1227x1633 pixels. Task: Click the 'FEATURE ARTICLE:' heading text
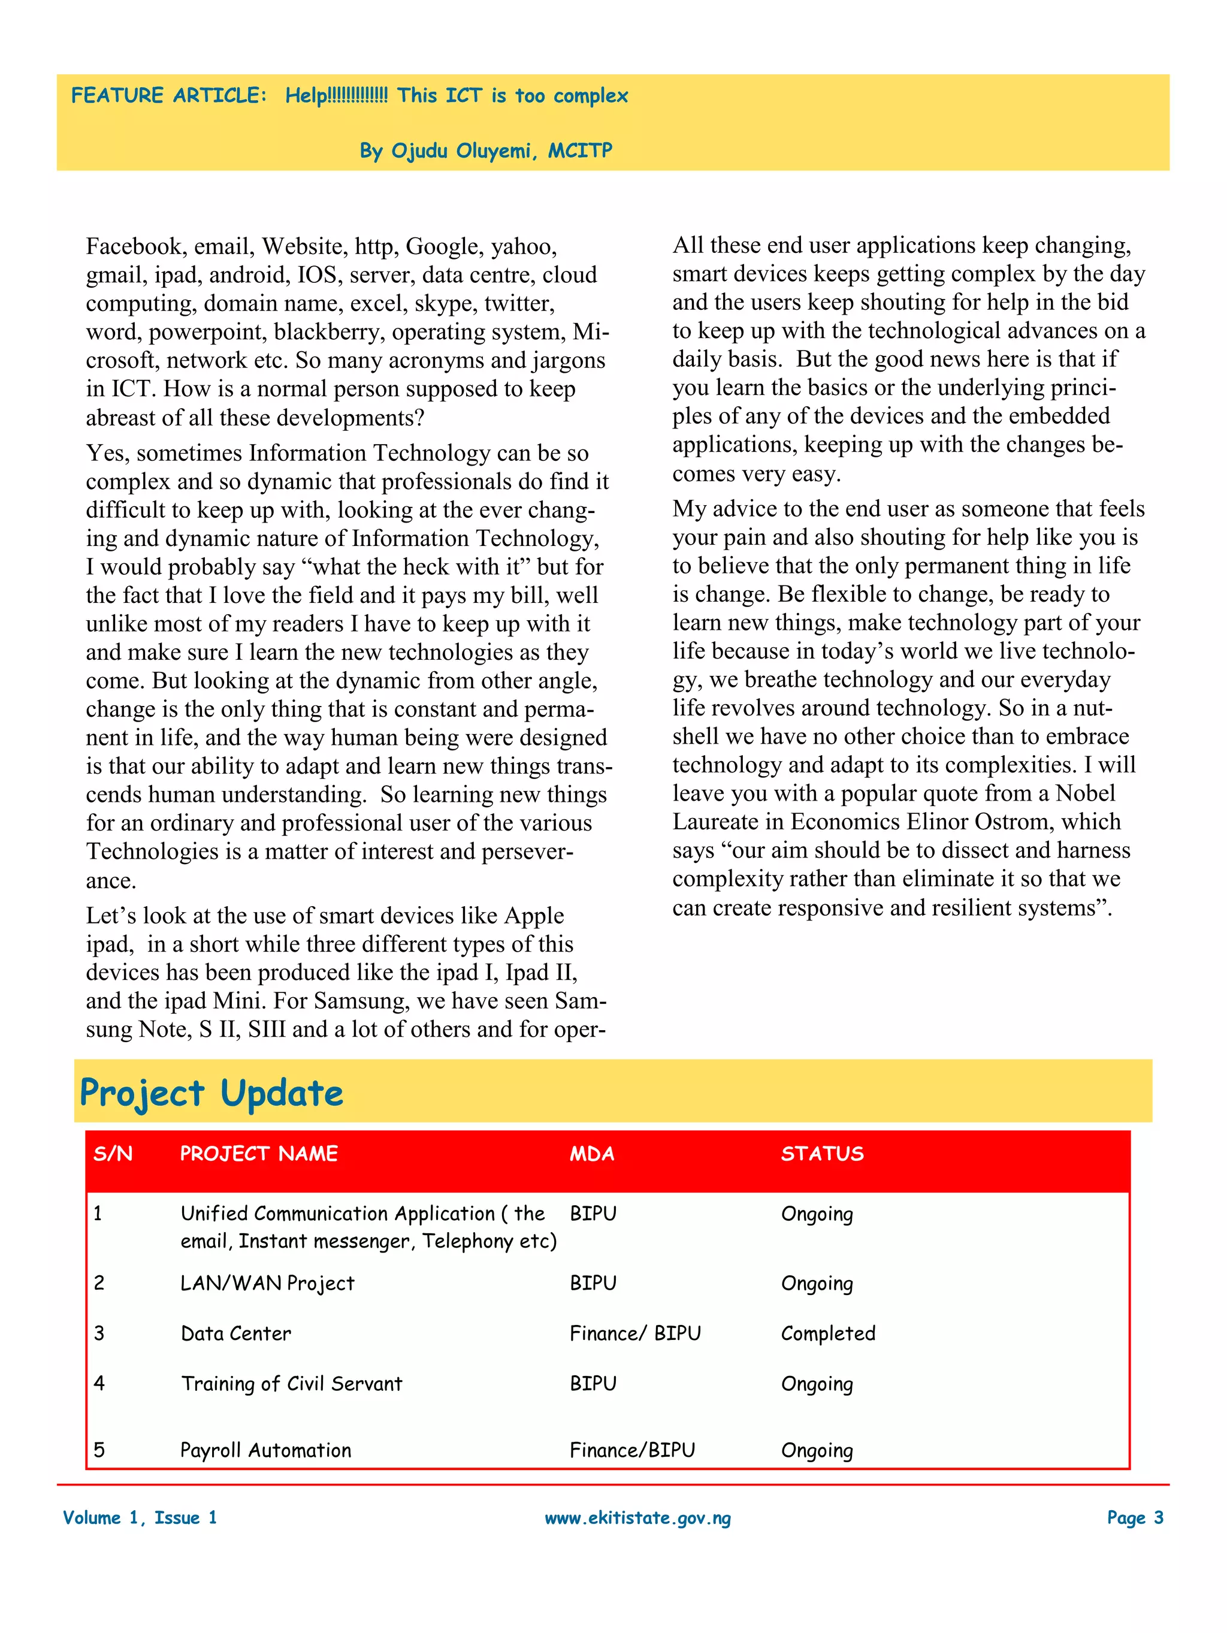[168, 95]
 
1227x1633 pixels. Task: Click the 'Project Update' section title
[211, 1092]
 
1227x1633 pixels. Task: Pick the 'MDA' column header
[591, 1154]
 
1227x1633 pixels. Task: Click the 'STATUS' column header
[821, 1154]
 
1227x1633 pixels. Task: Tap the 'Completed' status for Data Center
[827, 1333]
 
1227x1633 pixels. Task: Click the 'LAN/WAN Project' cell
[267, 1283]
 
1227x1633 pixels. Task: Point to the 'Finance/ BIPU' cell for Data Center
[635, 1333]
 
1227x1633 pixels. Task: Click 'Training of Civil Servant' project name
[292, 1384]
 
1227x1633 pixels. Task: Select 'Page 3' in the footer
[1135, 1518]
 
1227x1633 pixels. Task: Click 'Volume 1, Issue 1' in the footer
[140, 1518]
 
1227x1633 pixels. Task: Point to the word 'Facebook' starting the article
[134, 246]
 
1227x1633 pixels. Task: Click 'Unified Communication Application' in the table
[337, 1214]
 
